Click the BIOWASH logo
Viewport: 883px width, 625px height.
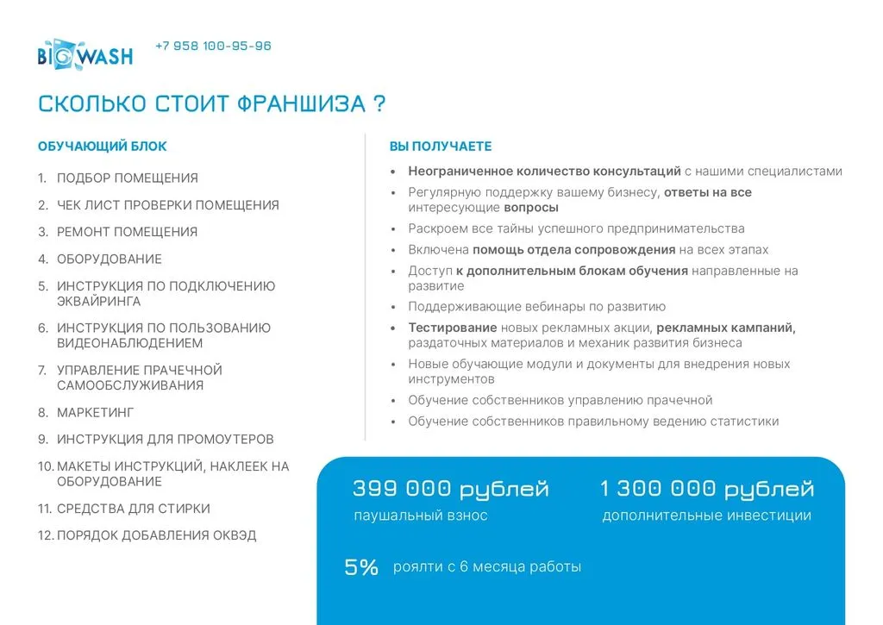(85, 55)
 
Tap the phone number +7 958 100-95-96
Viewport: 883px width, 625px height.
(213, 46)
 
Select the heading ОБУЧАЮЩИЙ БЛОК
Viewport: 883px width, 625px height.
(103, 147)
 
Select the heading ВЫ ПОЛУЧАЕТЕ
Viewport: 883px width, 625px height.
(440, 147)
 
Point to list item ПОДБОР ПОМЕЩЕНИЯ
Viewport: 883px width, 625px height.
(127, 178)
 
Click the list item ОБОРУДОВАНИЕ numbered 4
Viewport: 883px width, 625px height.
(109, 259)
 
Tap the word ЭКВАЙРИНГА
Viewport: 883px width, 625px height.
(98, 302)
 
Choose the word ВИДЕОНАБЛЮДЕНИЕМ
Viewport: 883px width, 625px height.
(130, 343)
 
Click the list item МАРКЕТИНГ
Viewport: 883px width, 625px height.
(96, 413)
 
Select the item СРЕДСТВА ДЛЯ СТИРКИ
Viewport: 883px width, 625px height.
(133, 509)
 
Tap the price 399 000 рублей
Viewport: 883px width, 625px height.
(450, 490)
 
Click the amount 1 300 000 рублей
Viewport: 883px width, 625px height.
(706, 490)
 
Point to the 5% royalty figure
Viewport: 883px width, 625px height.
(361, 567)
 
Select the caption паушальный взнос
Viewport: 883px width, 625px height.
(421, 516)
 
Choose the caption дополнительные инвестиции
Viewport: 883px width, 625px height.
(706, 516)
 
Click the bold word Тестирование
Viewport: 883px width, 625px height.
(453, 328)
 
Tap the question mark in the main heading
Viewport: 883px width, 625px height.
(379, 104)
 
